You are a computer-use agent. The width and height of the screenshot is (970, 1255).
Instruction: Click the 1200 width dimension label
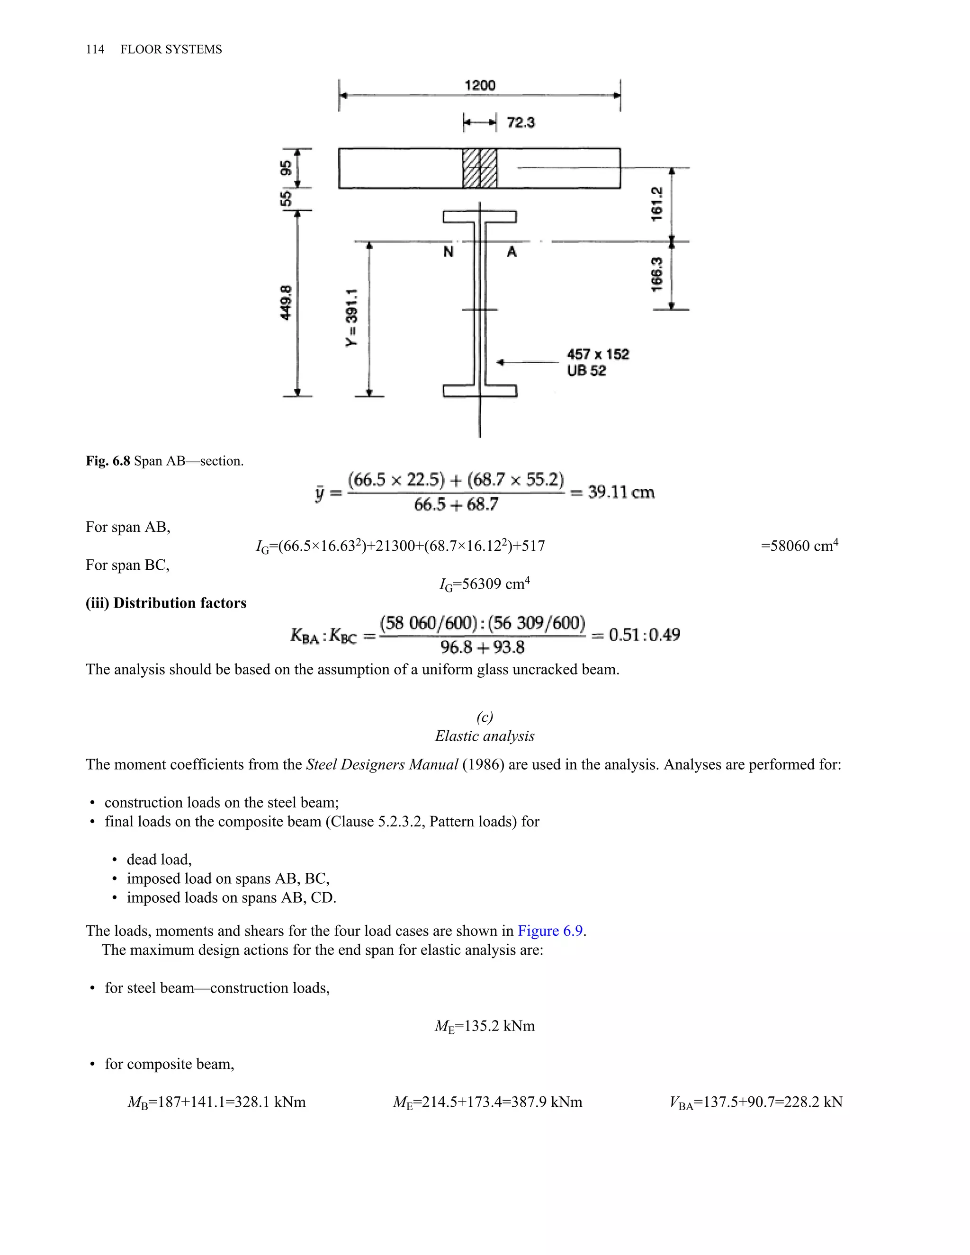point(480,86)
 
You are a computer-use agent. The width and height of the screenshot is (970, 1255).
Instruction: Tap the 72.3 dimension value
point(521,122)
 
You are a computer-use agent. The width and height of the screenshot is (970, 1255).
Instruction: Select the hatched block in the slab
point(480,168)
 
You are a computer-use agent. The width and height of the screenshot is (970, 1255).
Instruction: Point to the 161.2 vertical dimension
point(657,204)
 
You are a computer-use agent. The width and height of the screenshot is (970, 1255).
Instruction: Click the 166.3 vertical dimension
point(657,275)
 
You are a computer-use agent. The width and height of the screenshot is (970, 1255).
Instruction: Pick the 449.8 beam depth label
point(286,302)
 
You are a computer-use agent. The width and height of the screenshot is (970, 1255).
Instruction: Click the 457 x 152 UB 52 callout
point(598,362)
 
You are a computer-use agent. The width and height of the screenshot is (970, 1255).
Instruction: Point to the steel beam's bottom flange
point(480,391)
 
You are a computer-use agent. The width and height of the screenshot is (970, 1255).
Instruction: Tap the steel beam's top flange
point(480,216)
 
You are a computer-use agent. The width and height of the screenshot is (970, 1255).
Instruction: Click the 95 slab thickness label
point(286,168)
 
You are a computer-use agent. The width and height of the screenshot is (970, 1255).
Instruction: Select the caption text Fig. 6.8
point(108,461)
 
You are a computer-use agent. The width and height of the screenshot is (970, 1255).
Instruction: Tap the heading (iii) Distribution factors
point(166,603)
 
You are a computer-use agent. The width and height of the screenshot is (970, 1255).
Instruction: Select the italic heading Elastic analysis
point(485,736)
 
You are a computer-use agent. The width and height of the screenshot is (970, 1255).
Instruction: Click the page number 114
point(95,49)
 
